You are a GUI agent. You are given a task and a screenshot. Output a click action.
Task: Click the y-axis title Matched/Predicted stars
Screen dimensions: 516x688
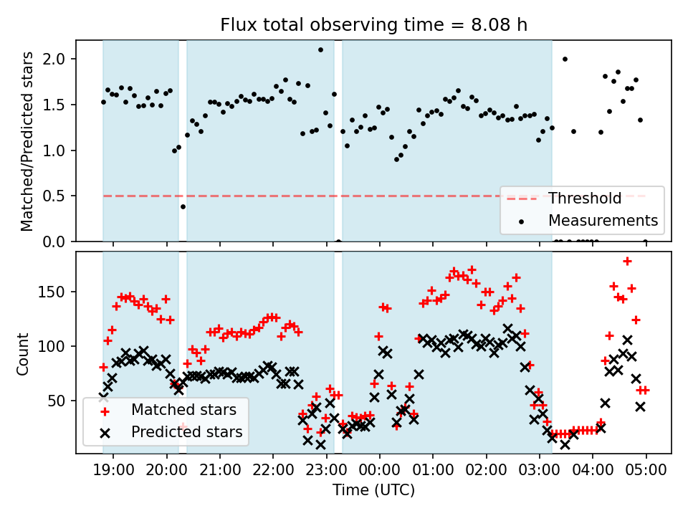(27, 141)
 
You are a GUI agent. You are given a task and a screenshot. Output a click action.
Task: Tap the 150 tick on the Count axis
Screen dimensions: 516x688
(58, 292)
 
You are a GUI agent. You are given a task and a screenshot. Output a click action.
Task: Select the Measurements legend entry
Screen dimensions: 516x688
(603, 220)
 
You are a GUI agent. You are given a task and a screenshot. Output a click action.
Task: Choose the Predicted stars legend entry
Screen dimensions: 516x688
(186, 432)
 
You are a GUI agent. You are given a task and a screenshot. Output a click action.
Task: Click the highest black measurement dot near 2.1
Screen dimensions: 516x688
(320, 49)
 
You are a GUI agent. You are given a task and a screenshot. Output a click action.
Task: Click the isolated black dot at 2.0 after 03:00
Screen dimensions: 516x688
(565, 59)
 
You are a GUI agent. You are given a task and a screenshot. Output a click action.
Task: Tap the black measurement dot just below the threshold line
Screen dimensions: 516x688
(183, 206)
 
